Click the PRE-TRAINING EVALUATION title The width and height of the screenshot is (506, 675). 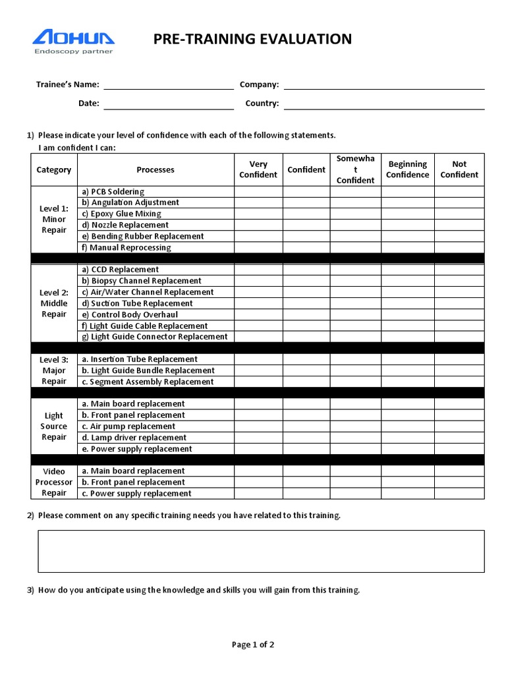(x=252, y=40)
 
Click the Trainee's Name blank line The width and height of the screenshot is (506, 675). (x=168, y=84)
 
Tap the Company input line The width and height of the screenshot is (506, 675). (x=383, y=84)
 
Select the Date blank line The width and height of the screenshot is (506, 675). (x=168, y=104)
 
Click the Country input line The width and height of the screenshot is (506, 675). (x=383, y=104)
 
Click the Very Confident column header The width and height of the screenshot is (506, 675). (x=258, y=169)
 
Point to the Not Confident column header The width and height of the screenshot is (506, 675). (x=459, y=169)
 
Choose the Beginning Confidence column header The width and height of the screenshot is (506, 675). (x=407, y=169)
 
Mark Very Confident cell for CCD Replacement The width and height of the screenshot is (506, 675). (x=258, y=270)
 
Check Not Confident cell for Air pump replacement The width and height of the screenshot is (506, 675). (x=459, y=426)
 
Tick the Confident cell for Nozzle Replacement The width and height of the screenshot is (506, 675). (x=306, y=225)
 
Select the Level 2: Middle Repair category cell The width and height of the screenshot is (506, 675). (x=54, y=303)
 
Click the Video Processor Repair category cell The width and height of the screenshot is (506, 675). (x=54, y=482)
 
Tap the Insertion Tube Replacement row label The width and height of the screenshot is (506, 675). (x=139, y=359)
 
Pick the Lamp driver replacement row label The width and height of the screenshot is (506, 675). (x=134, y=438)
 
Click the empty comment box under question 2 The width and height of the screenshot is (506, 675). (x=261, y=551)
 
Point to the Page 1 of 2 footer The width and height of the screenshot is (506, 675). (x=253, y=645)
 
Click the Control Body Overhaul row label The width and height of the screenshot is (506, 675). (x=129, y=314)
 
